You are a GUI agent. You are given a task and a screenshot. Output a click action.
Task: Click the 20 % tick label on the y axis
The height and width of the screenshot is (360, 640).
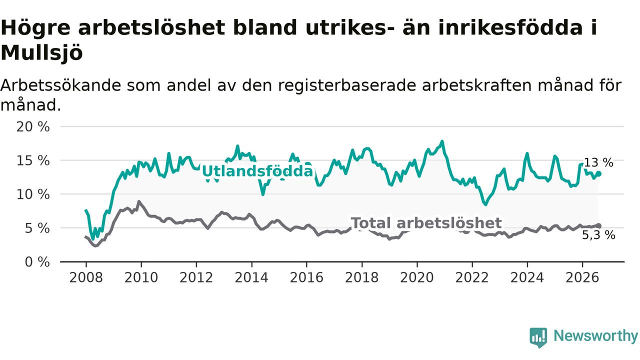(x=33, y=126)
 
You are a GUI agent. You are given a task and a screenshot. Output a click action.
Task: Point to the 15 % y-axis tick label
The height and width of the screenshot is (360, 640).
(x=33, y=160)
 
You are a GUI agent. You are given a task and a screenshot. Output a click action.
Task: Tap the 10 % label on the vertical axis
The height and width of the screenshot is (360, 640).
(x=33, y=194)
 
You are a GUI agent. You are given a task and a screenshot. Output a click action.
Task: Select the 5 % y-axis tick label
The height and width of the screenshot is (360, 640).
(x=37, y=228)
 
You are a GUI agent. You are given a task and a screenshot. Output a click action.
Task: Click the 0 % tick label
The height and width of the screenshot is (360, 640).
(x=37, y=262)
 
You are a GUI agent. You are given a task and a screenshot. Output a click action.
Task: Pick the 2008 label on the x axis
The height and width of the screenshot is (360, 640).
(x=86, y=277)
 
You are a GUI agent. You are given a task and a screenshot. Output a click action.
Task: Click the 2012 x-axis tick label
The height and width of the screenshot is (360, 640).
(x=196, y=277)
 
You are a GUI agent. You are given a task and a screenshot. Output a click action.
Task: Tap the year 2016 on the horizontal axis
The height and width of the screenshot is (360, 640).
(x=306, y=277)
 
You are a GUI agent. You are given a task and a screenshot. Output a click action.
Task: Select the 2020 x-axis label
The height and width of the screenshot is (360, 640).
(x=417, y=277)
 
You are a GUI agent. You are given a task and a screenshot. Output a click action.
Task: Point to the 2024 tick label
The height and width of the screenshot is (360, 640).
(x=527, y=277)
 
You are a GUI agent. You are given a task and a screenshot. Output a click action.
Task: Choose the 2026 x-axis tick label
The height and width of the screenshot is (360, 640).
(x=582, y=277)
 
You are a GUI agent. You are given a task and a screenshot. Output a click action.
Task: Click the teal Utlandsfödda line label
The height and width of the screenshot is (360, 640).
(x=257, y=171)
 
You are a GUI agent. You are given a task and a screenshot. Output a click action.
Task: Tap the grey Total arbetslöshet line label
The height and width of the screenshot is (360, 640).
(x=426, y=223)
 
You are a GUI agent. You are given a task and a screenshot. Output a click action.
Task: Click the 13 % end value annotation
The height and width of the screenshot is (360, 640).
(x=598, y=162)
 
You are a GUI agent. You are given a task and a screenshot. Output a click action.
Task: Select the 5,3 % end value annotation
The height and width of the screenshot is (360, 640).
(x=598, y=235)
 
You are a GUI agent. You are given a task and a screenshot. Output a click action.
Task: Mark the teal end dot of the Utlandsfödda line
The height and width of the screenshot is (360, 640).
(x=598, y=173)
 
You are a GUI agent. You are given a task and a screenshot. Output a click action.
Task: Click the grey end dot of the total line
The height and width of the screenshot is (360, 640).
(x=598, y=226)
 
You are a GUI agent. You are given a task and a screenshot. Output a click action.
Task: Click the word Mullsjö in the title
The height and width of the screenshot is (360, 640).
(x=41, y=53)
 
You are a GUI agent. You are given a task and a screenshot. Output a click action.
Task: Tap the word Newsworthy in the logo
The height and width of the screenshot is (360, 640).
(x=595, y=335)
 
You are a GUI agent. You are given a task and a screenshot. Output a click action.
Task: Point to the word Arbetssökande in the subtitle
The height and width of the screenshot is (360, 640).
(x=60, y=85)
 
